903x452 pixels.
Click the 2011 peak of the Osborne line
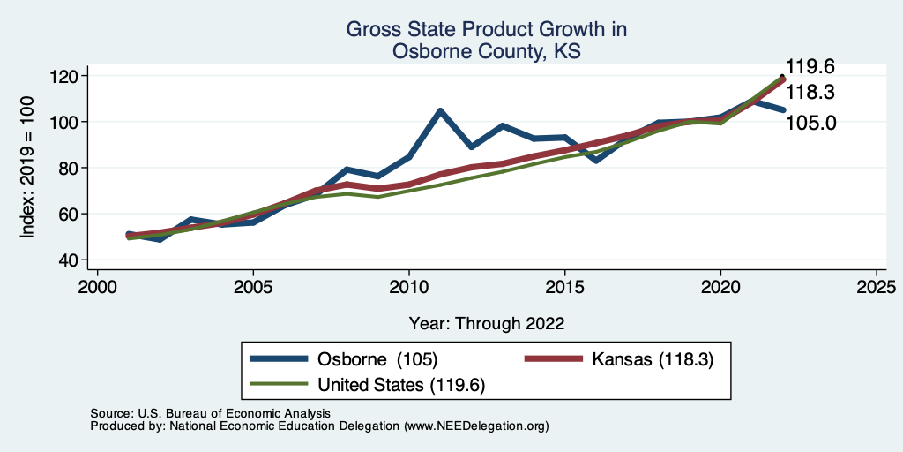[x=439, y=111]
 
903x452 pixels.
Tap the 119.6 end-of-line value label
[x=810, y=67]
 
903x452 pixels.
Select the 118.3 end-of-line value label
[x=810, y=93]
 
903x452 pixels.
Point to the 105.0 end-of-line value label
[x=810, y=122]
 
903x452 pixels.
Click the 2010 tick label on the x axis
[x=408, y=287]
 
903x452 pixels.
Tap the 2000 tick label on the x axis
[x=97, y=287]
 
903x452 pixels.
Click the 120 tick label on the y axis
[x=64, y=76]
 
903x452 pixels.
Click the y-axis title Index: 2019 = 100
[x=27, y=168]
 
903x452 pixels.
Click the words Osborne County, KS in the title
[x=487, y=51]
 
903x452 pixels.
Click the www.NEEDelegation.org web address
[x=476, y=426]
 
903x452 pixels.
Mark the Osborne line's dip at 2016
[x=596, y=161]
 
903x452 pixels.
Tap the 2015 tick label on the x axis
[x=564, y=287]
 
